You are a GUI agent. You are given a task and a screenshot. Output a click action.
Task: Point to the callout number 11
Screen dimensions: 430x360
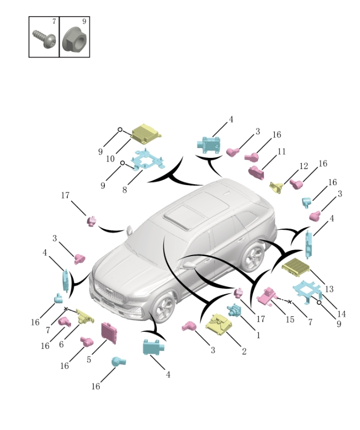click(282, 152)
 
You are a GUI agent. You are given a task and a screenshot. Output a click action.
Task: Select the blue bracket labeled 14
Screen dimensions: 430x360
click(307, 290)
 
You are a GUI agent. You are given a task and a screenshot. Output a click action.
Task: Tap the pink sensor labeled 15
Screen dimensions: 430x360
click(267, 295)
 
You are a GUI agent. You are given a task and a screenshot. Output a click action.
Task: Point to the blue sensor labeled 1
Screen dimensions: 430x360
click(234, 311)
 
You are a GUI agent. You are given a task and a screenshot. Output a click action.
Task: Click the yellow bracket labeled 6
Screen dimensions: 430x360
click(84, 317)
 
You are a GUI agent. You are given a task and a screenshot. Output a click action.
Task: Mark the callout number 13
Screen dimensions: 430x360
click(329, 289)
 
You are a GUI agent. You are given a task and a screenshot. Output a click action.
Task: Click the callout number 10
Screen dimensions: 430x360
click(110, 159)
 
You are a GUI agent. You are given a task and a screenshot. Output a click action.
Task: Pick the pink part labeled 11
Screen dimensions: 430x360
click(257, 172)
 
